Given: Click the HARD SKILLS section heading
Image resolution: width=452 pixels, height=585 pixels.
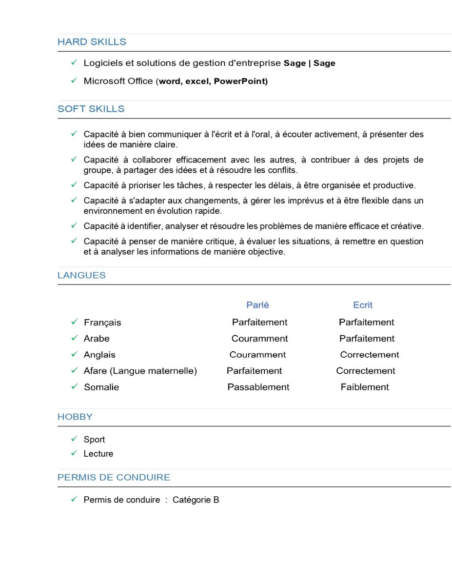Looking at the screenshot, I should [92, 42].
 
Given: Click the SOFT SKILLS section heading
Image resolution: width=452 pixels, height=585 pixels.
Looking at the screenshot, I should [91, 109].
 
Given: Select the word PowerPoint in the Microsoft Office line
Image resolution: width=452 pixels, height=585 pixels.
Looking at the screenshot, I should [240, 81].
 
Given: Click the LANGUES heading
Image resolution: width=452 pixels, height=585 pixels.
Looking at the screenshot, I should [81, 275].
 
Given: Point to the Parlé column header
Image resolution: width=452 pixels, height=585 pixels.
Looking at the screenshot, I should [257, 305].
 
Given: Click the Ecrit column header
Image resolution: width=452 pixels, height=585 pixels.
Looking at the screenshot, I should [363, 305].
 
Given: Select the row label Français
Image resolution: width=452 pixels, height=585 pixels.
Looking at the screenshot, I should [102, 323].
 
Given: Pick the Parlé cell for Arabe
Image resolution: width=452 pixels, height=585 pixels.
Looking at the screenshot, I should [259, 339].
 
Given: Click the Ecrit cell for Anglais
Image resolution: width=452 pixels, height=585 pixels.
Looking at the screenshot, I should [370, 355].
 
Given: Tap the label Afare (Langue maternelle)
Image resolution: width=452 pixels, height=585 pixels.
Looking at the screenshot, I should [140, 371].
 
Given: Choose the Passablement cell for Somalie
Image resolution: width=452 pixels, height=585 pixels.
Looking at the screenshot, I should [258, 387].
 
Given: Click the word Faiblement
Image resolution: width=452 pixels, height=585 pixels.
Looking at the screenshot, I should [365, 387].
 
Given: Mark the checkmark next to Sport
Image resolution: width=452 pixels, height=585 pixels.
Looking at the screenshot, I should [74, 439].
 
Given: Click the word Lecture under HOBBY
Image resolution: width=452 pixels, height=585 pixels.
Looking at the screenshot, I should [98, 454].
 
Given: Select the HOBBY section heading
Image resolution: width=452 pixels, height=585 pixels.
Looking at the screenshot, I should [75, 417].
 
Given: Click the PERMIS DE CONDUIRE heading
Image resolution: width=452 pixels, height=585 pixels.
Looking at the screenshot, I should [114, 477].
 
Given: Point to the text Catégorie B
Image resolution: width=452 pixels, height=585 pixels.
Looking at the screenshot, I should [196, 500].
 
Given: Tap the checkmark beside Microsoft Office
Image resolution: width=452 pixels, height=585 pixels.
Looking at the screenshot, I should [74, 81].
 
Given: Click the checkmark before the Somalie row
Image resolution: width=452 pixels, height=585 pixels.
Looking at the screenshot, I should [74, 386].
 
